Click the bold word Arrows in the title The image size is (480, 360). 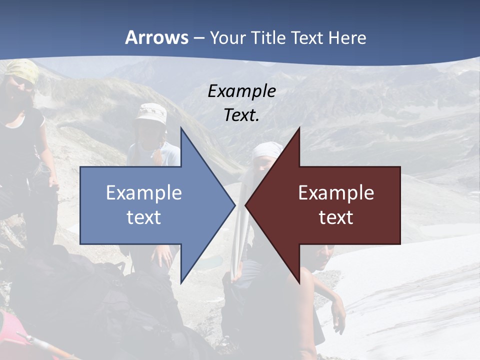pyautogui.click(x=156, y=37)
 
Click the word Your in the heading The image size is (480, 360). pyautogui.click(x=226, y=38)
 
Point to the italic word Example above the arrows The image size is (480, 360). pyautogui.click(x=241, y=91)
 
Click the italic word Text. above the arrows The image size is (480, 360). pyautogui.click(x=241, y=115)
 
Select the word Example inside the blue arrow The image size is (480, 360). pyautogui.click(x=144, y=193)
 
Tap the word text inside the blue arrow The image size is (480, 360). pyautogui.click(x=144, y=217)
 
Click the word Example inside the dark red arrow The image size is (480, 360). pyautogui.click(x=336, y=193)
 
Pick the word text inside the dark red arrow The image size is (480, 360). pyautogui.click(x=336, y=217)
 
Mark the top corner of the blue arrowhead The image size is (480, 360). pyautogui.click(x=181, y=128)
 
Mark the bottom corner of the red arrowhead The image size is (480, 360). pyautogui.click(x=299, y=283)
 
